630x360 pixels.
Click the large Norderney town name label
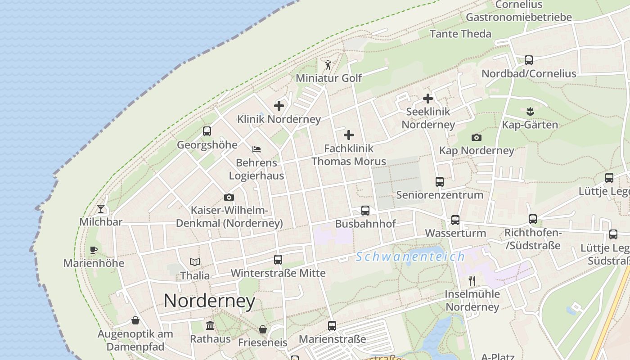(x=209, y=301)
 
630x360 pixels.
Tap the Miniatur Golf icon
(x=328, y=65)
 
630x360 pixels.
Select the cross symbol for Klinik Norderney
(x=279, y=106)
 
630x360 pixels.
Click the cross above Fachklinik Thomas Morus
(x=349, y=135)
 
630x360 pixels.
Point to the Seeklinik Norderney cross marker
(x=428, y=99)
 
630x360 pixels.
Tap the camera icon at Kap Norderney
(x=476, y=137)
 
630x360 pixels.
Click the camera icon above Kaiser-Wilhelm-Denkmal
(x=229, y=197)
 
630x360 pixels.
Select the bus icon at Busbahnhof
(x=365, y=210)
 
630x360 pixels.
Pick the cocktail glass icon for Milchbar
(x=101, y=208)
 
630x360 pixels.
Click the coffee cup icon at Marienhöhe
(x=94, y=250)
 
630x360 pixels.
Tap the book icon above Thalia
(x=195, y=262)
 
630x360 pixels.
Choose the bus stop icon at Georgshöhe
(x=207, y=131)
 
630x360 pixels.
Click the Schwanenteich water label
(x=410, y=257)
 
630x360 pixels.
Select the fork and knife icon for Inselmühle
(x=472, y=281)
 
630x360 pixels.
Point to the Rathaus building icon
(x=210, y=325)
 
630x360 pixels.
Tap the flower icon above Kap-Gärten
(x=530, y=111)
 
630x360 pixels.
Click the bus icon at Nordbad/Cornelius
(x=529, y=60)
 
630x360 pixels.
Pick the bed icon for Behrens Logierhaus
(x=256, y=149)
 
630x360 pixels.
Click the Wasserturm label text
(x=455, y=233)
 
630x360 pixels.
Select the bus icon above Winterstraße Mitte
(x=278, y=259)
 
